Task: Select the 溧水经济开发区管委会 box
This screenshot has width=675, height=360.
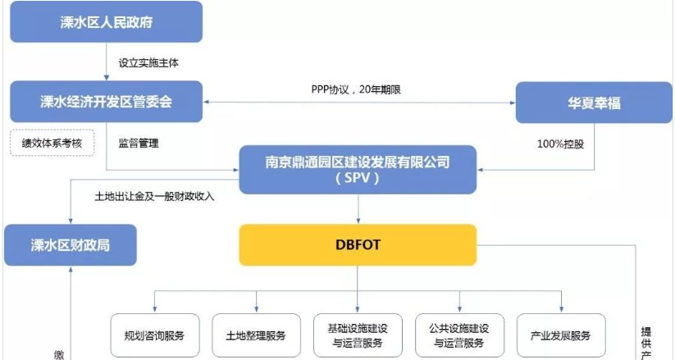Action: (x=107, y=102)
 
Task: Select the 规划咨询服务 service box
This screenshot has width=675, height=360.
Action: (x=155, y=336)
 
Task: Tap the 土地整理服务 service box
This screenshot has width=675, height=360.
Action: (x=256, y=336)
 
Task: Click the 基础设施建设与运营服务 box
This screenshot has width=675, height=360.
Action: (x=358, y=336)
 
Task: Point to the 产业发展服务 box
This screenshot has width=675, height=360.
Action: (x=561, y=336)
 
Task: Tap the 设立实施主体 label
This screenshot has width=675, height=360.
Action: (x=147, y=62)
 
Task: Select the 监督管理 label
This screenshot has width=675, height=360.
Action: (x=139, y=143)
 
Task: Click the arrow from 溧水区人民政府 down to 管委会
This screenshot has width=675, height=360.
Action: (x=107, y=62)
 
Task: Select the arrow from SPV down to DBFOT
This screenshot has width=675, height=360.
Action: (x=358, y=209)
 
